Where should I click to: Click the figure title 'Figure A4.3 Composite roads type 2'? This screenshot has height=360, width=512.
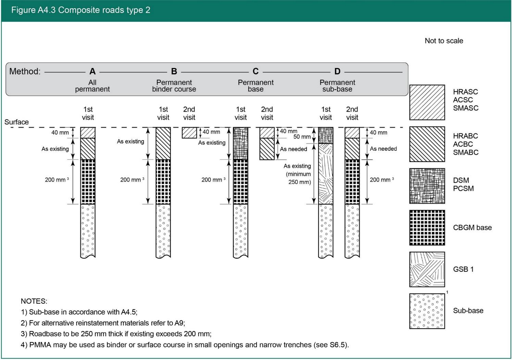point(81,10)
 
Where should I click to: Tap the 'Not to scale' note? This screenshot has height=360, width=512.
point(444,41)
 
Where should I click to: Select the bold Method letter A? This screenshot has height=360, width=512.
point(92,71)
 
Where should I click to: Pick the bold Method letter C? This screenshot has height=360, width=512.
point(255,71)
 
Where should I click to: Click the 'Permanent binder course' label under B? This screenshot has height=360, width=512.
point(174,86)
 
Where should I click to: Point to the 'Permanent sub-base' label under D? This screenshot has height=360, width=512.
point(337,86)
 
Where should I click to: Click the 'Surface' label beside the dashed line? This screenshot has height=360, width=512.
point(16,122)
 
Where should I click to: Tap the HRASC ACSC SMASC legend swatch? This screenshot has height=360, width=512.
point(427,102)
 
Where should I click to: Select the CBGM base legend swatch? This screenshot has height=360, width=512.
point(427,227)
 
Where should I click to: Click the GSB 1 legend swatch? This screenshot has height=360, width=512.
point(427,269)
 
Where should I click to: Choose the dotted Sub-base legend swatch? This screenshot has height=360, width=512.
point(427,311)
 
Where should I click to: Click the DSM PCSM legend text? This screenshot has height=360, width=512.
point(463,184)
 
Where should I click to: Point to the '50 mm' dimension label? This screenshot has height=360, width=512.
point(302,137)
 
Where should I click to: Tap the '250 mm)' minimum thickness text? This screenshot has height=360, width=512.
point(299,182)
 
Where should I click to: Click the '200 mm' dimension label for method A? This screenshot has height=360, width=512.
point(55,180)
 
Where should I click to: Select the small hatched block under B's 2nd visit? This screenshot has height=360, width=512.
point(189,133)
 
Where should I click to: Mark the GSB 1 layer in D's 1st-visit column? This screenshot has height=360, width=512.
point(325,174)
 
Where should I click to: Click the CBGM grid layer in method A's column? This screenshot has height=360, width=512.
point(88,182)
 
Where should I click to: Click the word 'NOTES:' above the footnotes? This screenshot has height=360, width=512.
point(34,301)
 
